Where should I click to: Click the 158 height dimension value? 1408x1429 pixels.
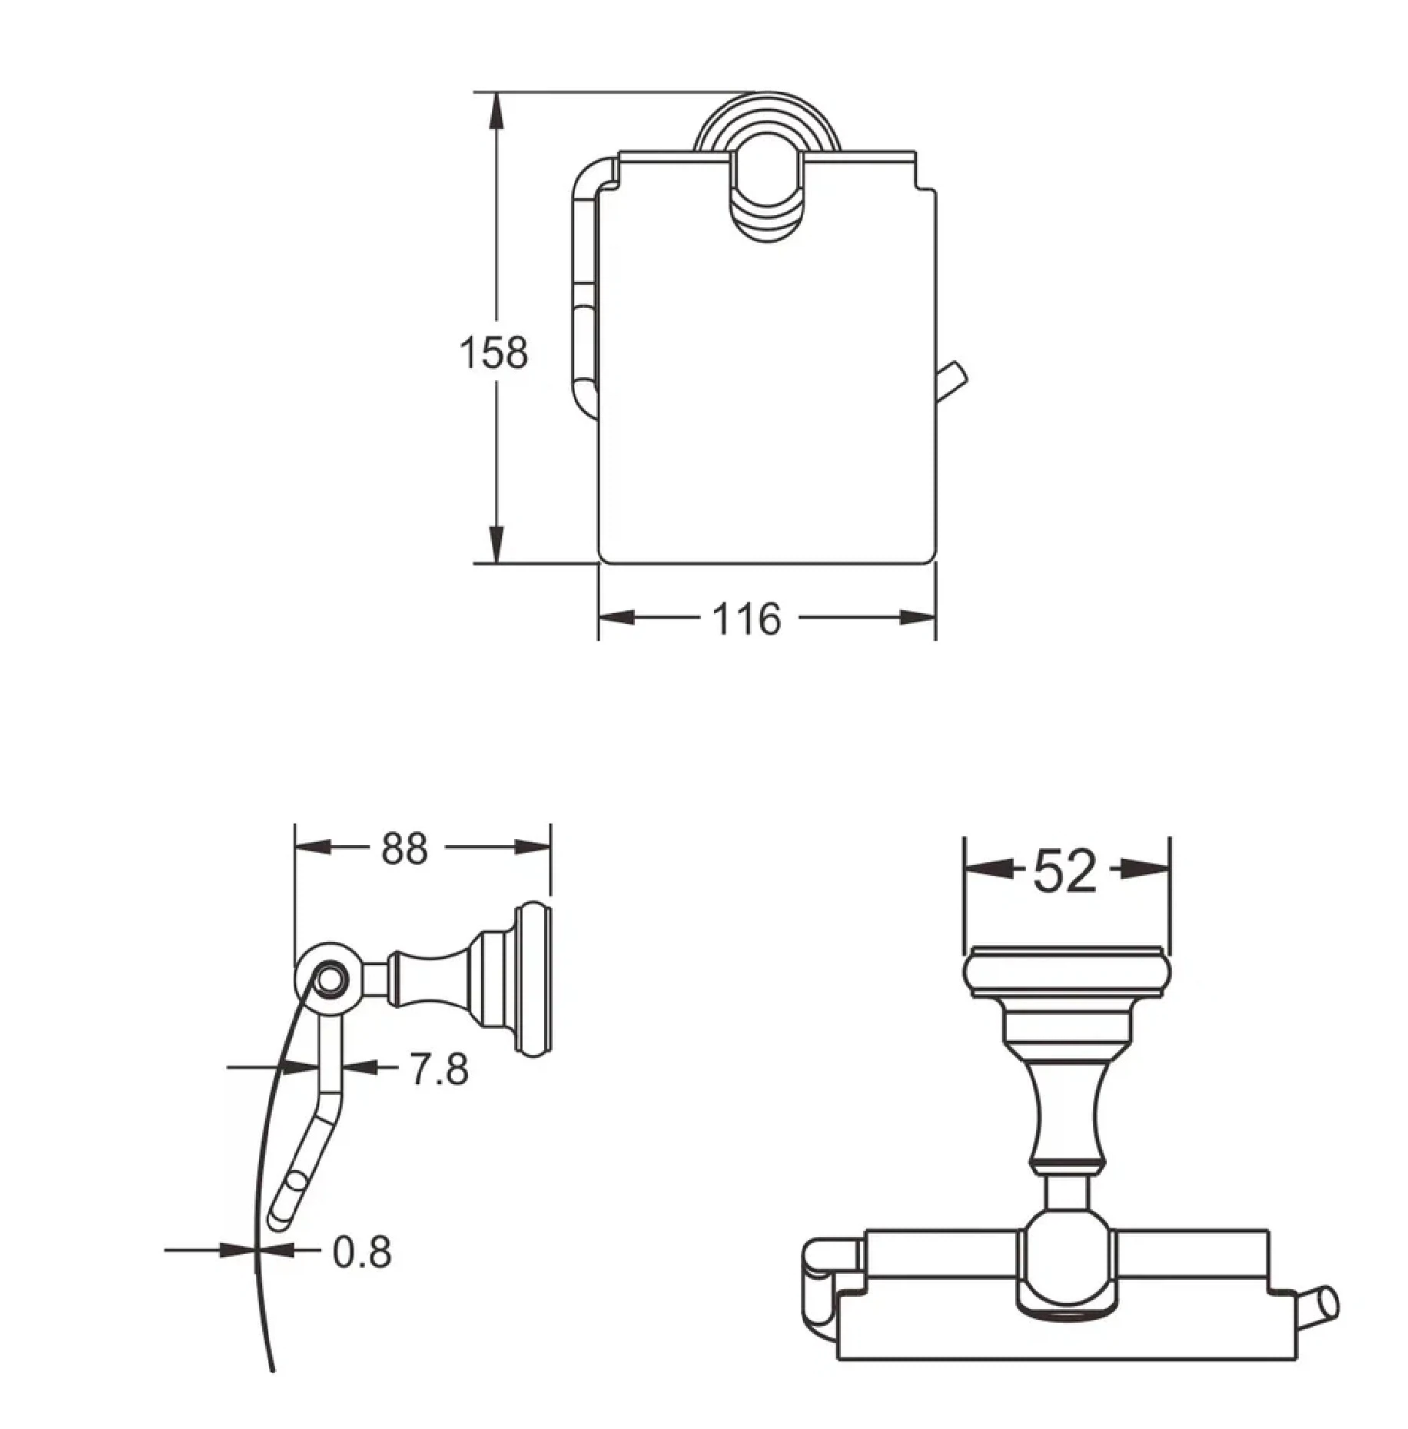pos(493,353)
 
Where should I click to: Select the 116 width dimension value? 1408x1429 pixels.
pos(746,618)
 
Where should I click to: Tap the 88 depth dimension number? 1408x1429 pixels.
pos(404,848)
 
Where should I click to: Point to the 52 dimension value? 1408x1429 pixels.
pos(1064,871)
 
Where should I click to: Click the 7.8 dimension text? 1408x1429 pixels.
pos(439,1069)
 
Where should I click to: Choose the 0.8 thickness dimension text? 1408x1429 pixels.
pos(362,1252)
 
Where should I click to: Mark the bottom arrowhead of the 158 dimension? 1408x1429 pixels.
pos(497,545)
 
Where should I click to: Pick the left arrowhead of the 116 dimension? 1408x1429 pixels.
pos(617,618)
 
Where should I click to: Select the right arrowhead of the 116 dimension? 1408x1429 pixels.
pos(918,618)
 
